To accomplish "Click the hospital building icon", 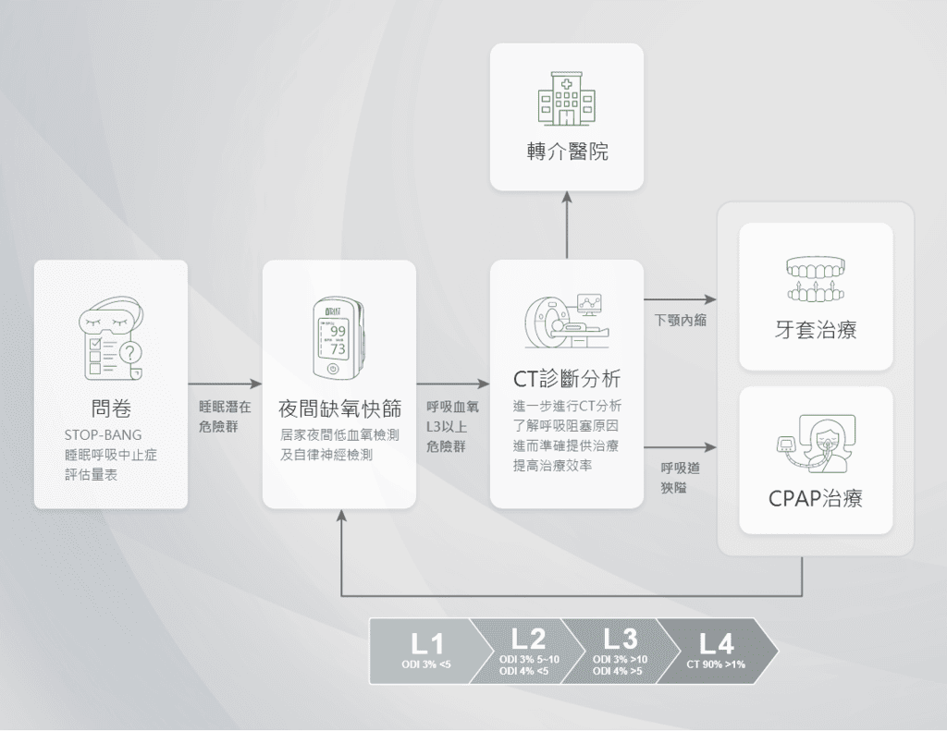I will [x=565, y=98].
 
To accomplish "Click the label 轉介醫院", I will [x=566, y=152].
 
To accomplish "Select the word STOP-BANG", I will [x=104, y=434].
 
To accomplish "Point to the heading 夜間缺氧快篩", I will [x=338, y=408].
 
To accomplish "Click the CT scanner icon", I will [x=565, y=323].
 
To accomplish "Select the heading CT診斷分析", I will [x=566, y=379].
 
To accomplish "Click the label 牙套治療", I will [x=816, y=329].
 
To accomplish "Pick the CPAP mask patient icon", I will [x=815, y=440].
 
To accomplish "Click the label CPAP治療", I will [x=816, y=499].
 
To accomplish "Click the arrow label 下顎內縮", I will [x=680, y=321].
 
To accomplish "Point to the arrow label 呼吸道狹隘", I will [x=680, y=478].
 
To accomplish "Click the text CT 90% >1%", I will [x=716, y=664].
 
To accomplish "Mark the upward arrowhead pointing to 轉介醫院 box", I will [x=566, y=196].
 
